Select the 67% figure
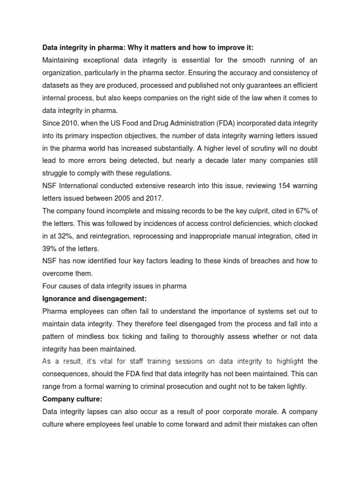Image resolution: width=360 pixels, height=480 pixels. pos(298,211)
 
